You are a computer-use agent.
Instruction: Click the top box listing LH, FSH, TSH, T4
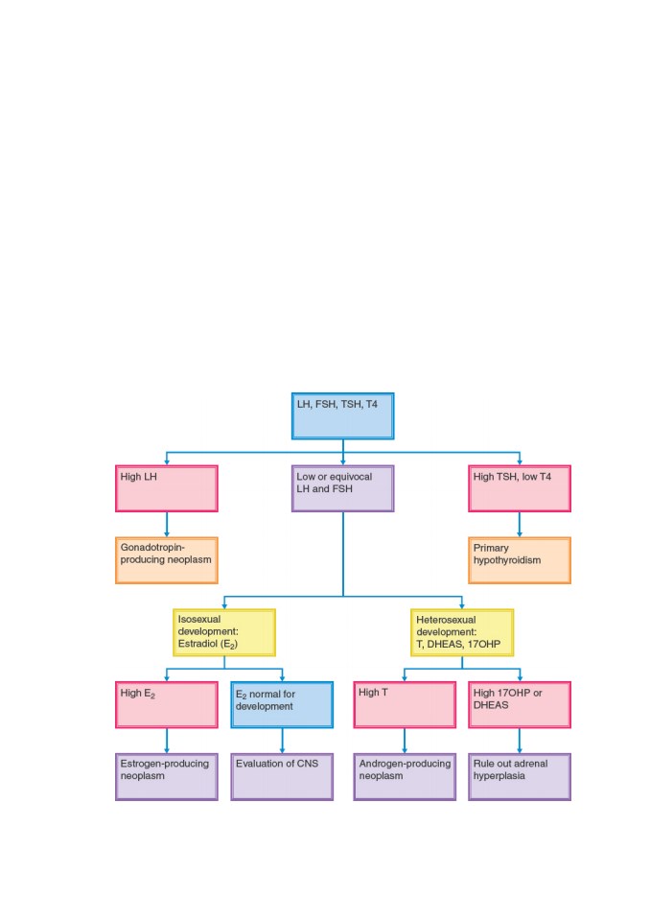tap(343, 415)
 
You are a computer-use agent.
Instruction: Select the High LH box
tap(167, 488)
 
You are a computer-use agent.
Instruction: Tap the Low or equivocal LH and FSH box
tap(343, 488)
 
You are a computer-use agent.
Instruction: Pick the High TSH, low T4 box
tap(520, 488)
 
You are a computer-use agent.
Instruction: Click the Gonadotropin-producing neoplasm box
tap(167, 560)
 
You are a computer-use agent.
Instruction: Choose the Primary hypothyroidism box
tap(520, 560)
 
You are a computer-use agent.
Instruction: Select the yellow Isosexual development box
tap(224, 632)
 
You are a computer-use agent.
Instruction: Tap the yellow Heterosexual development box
tap(462, 632)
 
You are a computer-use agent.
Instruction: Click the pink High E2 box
tap(167, 705)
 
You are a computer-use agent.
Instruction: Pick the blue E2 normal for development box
tap(282, 705)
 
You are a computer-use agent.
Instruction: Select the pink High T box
tap(405, 705)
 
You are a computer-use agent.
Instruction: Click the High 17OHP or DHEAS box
tap(520, 705)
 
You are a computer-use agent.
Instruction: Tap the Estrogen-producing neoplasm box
tap(167, 777)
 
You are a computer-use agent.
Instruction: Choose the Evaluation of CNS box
tap(282, 777)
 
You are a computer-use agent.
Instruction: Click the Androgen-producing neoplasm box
tap(405, 777)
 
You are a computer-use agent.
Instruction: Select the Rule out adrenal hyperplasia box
tap(520, 777)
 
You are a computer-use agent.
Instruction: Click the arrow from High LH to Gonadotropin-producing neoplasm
tap(167, 525)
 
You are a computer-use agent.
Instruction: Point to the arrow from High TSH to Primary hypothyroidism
tap(520, 525)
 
